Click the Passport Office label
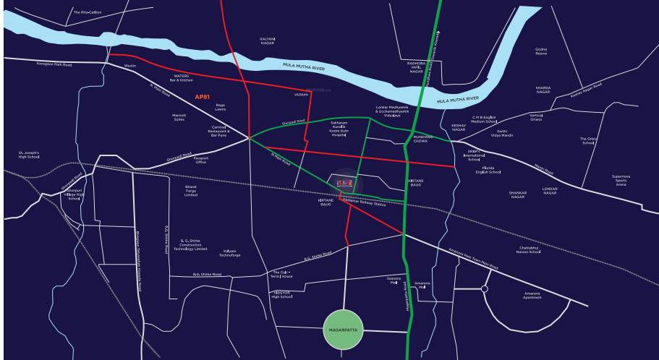click(200, 159)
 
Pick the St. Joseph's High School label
click(29, 155)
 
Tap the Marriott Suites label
click(179, 117)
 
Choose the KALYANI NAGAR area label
click(268, 40)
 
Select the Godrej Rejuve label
click(541, 51)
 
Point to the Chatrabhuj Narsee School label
click(529, 250)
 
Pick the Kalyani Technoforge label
click(230, 253)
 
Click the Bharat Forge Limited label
click(191, 191)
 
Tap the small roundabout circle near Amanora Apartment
click(484, 288)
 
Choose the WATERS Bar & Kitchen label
click(182, 77)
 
